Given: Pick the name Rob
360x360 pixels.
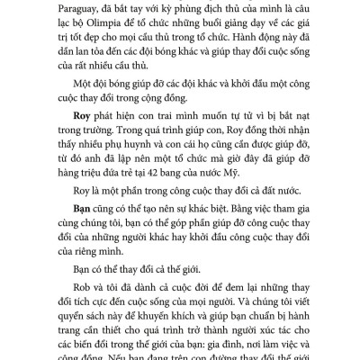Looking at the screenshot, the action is (70, 306).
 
